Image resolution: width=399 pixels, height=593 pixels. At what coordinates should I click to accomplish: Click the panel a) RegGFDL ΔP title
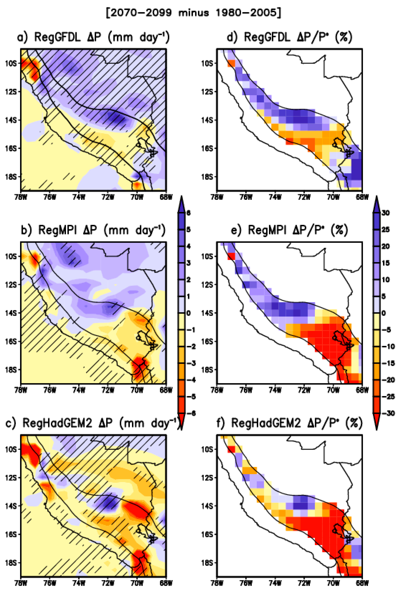[93, 37]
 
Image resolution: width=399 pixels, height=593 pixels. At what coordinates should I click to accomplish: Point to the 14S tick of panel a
[11, 120]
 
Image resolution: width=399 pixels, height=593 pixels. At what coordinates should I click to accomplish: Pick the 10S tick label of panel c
[11, 449]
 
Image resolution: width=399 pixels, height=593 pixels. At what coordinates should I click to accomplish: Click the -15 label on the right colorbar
[388, 363]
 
